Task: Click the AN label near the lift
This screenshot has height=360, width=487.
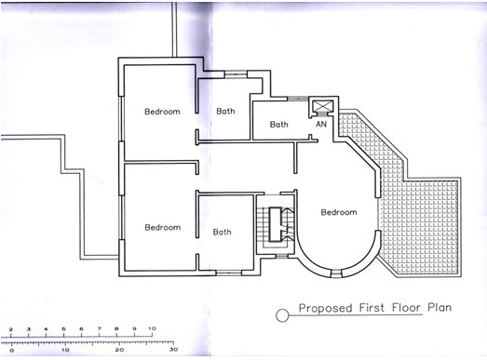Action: (x=321, y=124)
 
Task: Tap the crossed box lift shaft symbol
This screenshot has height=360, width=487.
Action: (x=323, y=106)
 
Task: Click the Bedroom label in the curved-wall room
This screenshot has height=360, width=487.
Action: (x=339, y=212)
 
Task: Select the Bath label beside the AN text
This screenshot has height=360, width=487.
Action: (x=279, y=125)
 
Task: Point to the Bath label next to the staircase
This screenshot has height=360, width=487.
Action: (x=222, y=232)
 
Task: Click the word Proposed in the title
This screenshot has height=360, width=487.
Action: (x=326, y=308)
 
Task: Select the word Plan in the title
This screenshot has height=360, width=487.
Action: (x=440, y=307)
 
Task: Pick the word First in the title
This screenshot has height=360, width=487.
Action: (x=372, y=308)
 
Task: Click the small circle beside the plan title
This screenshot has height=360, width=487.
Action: (x=282, y=316)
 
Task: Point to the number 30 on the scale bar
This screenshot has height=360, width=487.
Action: (x=173, y=350)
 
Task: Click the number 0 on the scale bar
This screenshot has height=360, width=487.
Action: (x=12, y=351)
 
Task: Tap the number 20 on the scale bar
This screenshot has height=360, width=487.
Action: (x=119, y=350)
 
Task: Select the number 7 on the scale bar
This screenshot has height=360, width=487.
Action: (x=99, y=328)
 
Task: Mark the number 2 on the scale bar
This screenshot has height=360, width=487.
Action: (x=11, y=329)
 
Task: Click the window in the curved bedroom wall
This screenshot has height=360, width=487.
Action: (x=336, y=273)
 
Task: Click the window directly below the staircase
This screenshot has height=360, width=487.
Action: (x=282, y=256)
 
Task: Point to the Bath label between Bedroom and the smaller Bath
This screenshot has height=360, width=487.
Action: (x=225, y=111)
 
